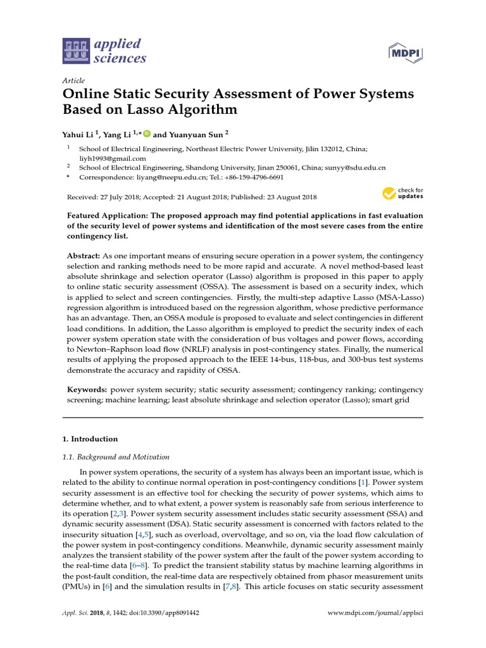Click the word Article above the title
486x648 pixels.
[x=74, y=81]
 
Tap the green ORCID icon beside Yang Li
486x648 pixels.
[x=147, y=134]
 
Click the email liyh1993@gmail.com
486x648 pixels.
[x=112, y=158]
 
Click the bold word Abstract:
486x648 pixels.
[x=84, y=255]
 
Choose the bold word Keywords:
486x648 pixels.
[x=87, y=390]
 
